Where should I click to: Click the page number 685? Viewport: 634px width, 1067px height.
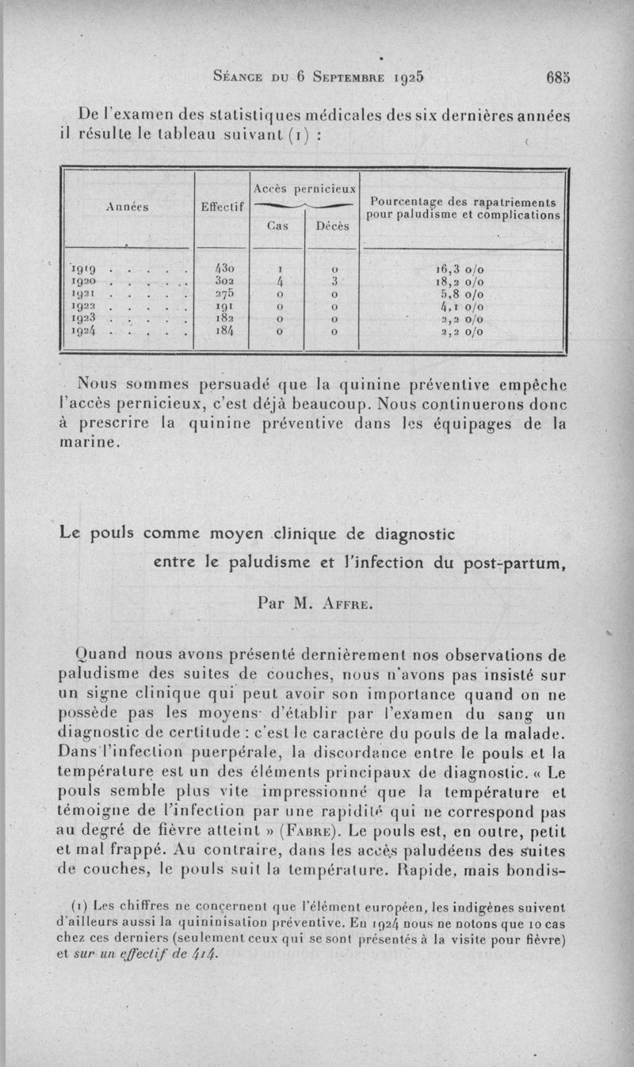558,78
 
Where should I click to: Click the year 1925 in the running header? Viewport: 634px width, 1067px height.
406,78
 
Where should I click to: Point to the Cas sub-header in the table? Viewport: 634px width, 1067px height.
277,225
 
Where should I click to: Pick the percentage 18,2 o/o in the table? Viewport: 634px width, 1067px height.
463,280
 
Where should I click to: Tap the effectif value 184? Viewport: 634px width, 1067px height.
221,331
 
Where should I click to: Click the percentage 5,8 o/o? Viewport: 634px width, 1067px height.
463,293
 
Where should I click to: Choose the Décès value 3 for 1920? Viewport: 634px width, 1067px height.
334,280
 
